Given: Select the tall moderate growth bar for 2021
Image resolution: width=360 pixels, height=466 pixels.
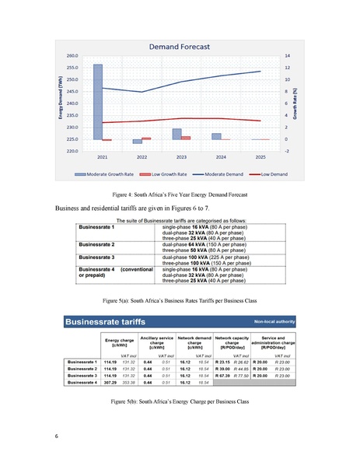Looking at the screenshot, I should tap(97, 101).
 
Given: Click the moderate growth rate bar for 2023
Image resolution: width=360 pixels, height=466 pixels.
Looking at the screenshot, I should tap(177, 134).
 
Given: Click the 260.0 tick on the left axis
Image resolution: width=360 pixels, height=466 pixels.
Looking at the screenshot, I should tap(72, 56).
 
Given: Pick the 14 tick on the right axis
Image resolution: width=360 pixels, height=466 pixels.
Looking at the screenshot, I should tap(287, 56).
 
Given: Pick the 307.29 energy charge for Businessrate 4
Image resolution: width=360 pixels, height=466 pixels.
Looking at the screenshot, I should tap(109, 383).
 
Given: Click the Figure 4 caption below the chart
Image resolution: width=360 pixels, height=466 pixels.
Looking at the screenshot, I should tap(180, 194).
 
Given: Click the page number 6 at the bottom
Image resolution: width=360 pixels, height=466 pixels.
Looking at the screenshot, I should tap(57, 435).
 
